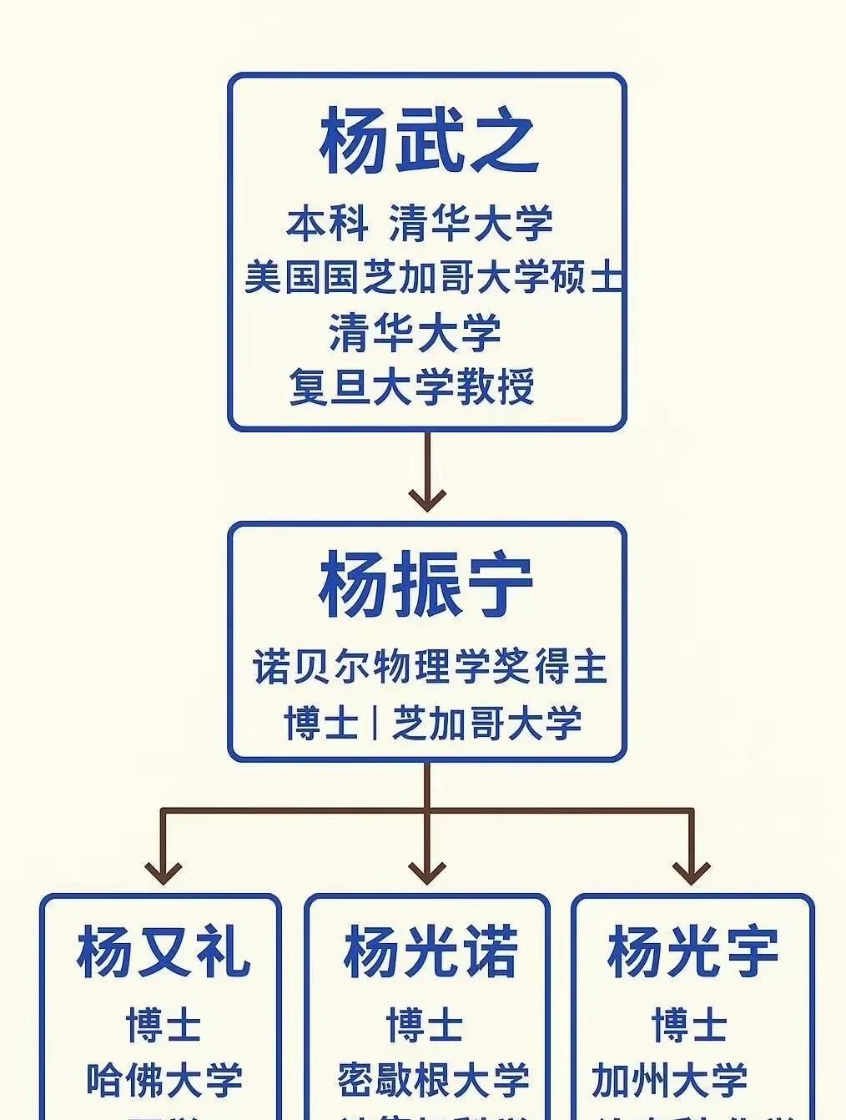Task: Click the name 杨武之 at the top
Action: (426, 139)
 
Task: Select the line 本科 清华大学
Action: (420, 223)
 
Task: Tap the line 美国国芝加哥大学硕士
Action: (433, 277)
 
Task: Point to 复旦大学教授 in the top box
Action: (412, 387)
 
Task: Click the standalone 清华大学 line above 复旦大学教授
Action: (415, 332)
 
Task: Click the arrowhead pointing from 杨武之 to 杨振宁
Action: (427, 498)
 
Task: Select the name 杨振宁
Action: (426, 584)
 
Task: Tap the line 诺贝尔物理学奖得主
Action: (430, 667)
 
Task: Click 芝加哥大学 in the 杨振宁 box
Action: (486, 723)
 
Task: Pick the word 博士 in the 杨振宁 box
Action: (321, 723)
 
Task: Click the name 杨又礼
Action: (163, 952)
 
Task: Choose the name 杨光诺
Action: (430, 952)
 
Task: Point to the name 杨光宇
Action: (692, 952)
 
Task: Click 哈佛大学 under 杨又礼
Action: (164, 1080)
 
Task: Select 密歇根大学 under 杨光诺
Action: (433, 1080)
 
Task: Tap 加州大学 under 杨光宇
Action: (669, 1080)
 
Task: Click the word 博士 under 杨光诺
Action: (425, 1025)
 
